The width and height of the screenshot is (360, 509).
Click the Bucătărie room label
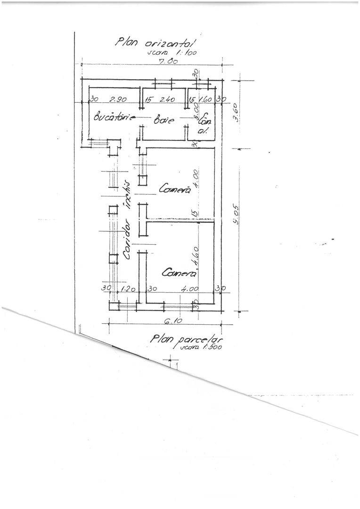pyautogui.click(x=115, y=117)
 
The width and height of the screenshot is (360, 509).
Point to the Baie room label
pyautogui.click(x=164, y=120)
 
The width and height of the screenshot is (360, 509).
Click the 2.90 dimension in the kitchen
pyautogui.click(x=118, y=99)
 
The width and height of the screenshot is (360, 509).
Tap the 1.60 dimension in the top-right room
pyautogui.click(x=205, y=99)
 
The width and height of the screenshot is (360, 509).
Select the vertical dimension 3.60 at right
pyautogui.click(x=237, y=112)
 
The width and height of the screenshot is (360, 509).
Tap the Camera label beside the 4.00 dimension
pyautogui.click(x=174, y=189)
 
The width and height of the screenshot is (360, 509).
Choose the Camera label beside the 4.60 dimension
pyautogui.click(x=179, y=273)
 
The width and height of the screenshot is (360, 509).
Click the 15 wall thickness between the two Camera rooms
pyautogui.click(x=194, y=213)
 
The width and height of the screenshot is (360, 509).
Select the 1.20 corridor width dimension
pyautogui.click(x=126, y=288)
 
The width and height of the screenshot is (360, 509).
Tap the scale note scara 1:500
pyautogui.click(x=200, y=348)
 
